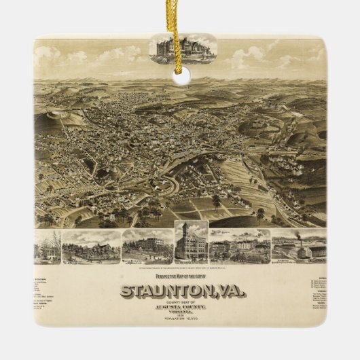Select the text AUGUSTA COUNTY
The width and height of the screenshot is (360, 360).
point(183,308)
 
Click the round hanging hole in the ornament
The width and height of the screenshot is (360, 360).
point(181,76)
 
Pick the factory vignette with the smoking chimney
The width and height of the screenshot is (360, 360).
point(300,247)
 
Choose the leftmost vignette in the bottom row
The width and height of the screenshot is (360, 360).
point(47,247)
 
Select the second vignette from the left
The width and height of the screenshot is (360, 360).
point(91,247)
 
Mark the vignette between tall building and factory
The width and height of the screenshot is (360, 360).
point(239,247)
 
